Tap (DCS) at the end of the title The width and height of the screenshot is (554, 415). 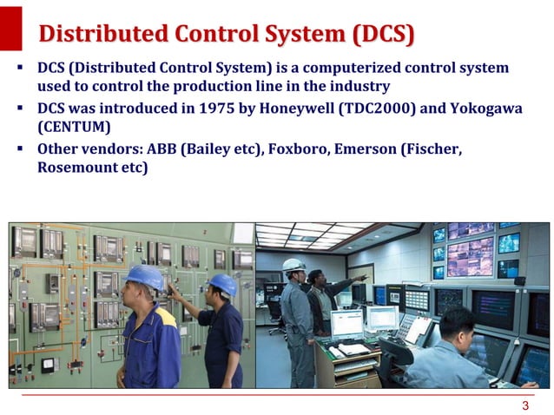383,35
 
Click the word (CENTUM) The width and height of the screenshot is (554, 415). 74,128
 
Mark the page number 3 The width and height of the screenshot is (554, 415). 524,406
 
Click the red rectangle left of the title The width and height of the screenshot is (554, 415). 10,26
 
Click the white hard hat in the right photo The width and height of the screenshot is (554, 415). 294,265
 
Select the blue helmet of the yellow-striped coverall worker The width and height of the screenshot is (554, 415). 146,277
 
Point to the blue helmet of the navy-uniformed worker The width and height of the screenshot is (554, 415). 222,284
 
